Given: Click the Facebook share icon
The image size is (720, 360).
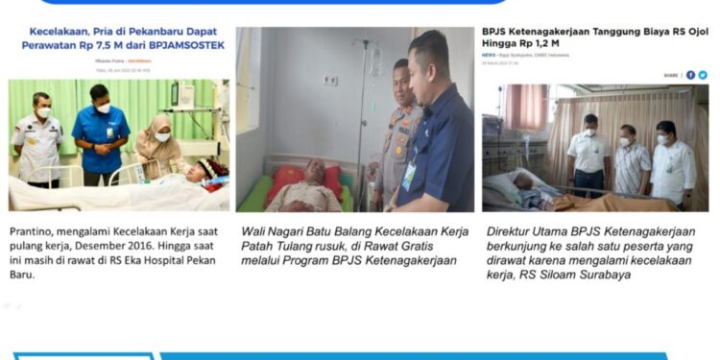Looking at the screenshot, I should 690,75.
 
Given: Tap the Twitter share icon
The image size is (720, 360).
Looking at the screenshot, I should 703,75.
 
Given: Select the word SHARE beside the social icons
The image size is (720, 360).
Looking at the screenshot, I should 669,75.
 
